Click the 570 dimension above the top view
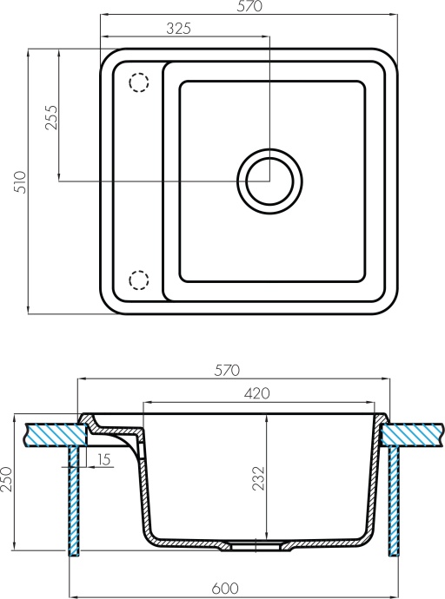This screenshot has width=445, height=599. [x=249, y=8]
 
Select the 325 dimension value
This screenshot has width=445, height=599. [x=177, y=28]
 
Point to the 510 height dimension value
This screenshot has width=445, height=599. [x=22, y=181]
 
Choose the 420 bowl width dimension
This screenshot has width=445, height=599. [x=256, y=393]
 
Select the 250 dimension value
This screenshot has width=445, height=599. [x=8, y=479]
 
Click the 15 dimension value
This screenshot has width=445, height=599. [x=103, y=459]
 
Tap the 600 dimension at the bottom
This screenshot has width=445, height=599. [x=226, y=589]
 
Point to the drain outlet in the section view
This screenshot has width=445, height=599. [x=257, y=547]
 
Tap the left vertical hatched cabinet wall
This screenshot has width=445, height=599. [x=76, y=499]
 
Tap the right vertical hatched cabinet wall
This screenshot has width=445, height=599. [x=394, y=499]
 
